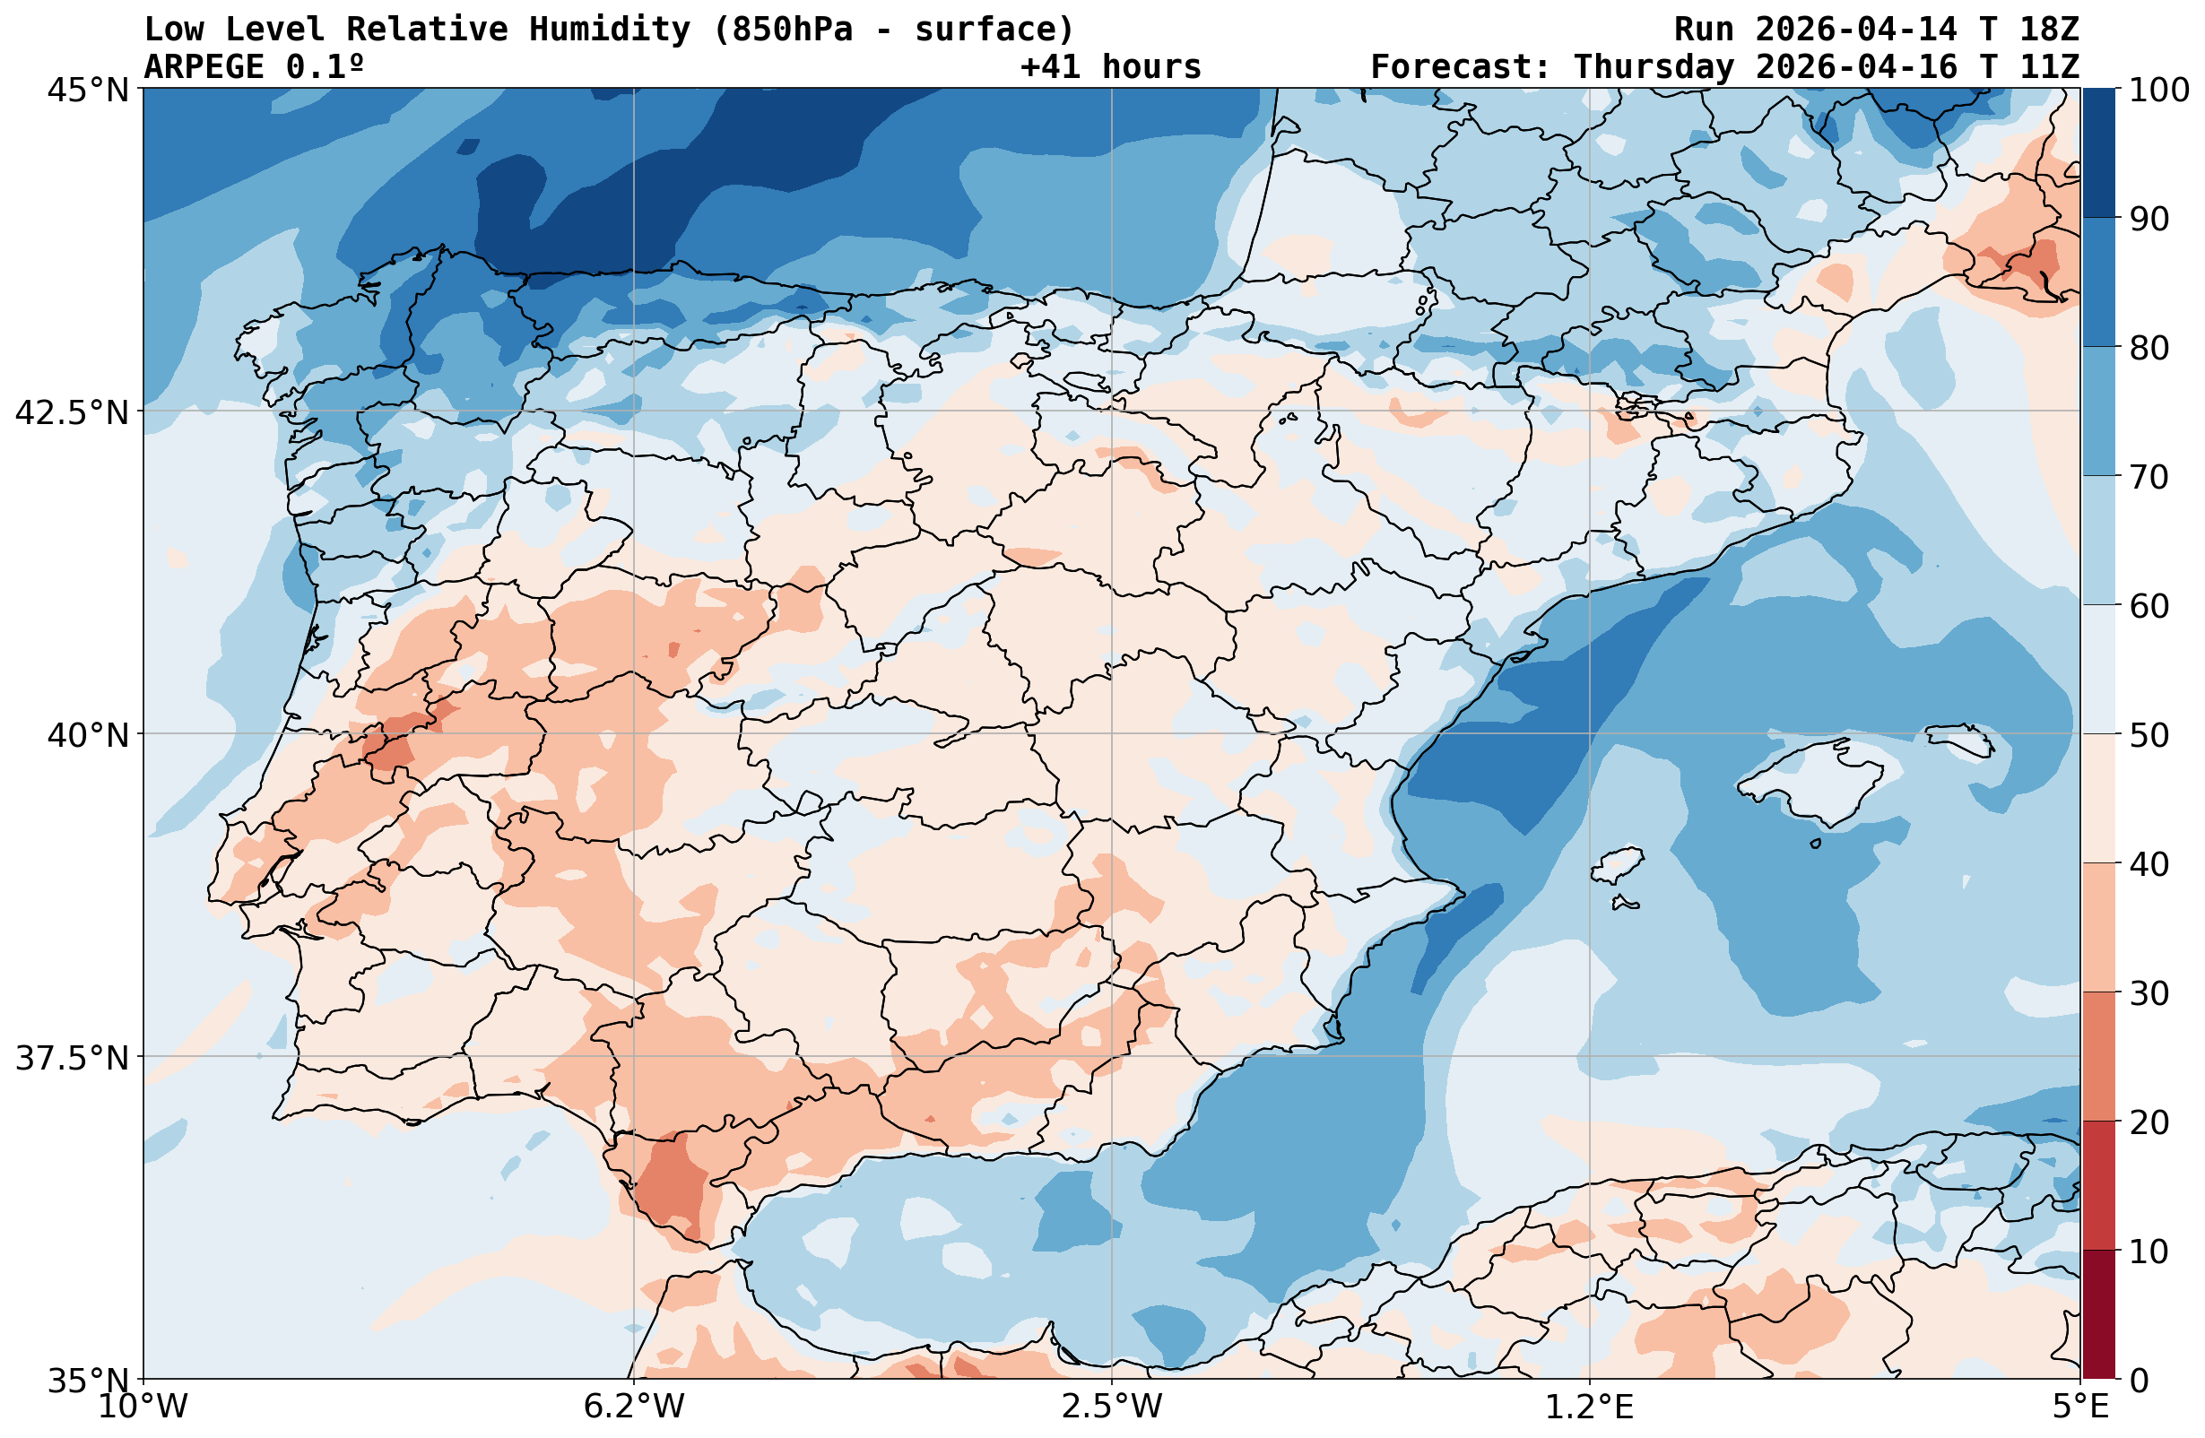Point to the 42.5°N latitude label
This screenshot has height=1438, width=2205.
point(73,412)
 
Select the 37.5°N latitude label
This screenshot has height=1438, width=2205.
point(73,1058)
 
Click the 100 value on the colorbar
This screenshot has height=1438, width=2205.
point(2158,91)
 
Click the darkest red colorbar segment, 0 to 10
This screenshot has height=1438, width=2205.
point(2098,1315)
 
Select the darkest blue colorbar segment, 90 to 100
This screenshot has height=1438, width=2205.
point(2098,153)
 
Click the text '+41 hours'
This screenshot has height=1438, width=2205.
point(1111,67)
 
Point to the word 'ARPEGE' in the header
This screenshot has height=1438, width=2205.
point(204,67)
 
